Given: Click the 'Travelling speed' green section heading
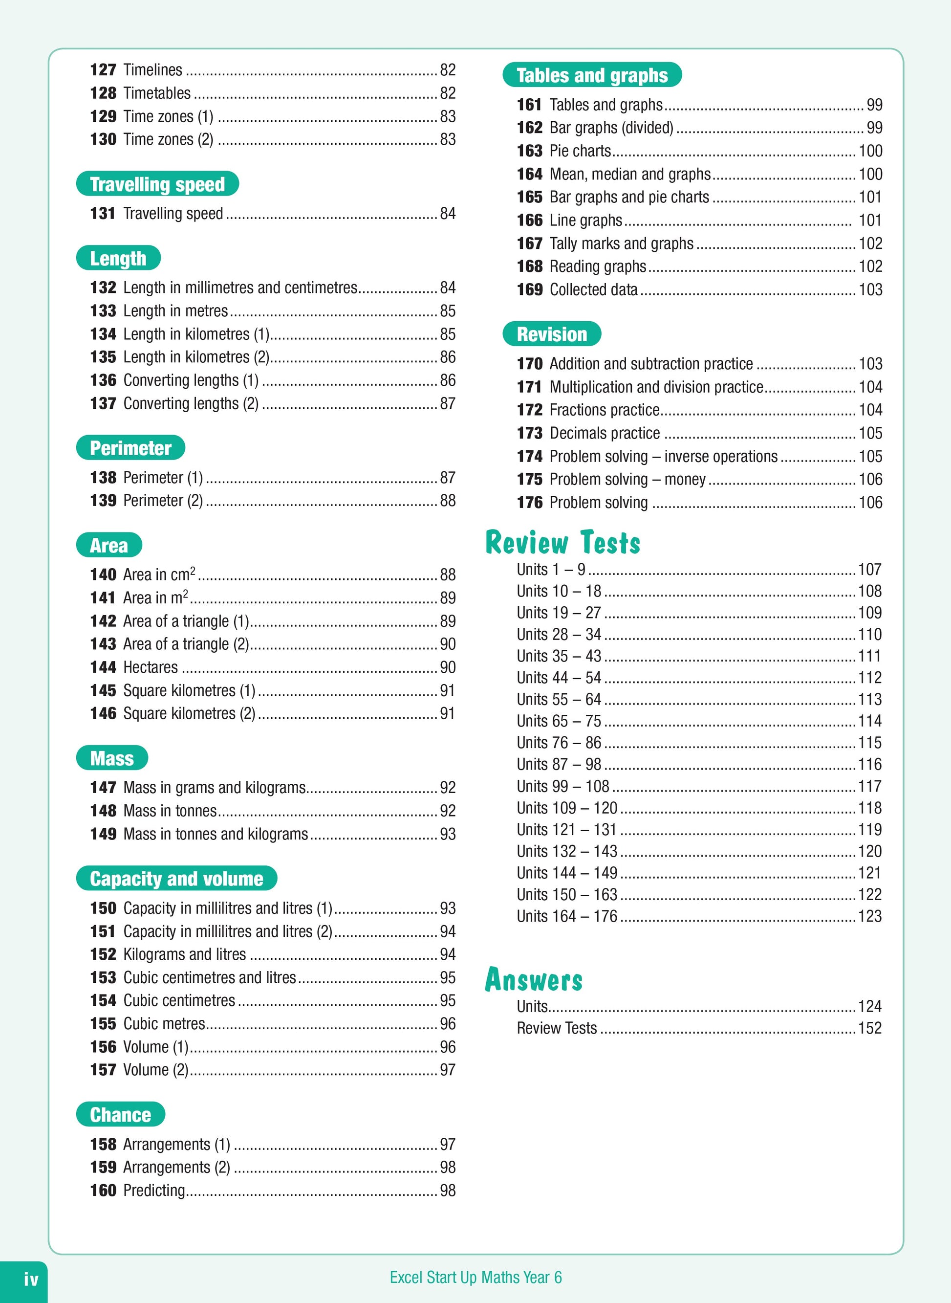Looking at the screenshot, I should click(x=157, y=184).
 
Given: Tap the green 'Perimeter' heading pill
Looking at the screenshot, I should click(x=130, y=448).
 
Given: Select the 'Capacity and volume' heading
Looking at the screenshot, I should click(x=176, y=879).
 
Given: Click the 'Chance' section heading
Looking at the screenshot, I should click(x=120, y=1115).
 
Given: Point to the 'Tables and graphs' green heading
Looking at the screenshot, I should click(x=592, y=75).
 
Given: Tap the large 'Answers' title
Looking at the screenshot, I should click(x=534, y=979).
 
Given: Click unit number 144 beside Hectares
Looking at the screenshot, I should click(x=103, y=667).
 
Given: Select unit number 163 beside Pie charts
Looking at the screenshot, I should click(x=530, y=151).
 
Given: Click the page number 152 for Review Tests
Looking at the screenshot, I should click(x=869, y=1028).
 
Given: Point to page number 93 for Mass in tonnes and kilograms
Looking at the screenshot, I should click(x=447, y=834).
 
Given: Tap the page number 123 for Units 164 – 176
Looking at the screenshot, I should click(x=869, y=916).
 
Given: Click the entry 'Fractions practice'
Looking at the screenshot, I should click(x=605, y=410).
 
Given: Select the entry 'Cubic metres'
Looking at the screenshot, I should click(x=164, y=1024).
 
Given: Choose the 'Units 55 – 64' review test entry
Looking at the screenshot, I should click(x=559, y=700).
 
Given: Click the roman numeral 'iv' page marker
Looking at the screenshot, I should click(x=31, y=1280).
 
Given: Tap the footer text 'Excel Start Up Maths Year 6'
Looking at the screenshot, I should click(x=475, y=1277).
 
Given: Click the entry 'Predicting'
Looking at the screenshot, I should click(x=154, y=1190).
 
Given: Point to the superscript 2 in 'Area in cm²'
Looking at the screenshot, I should click(x=193, y=571).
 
